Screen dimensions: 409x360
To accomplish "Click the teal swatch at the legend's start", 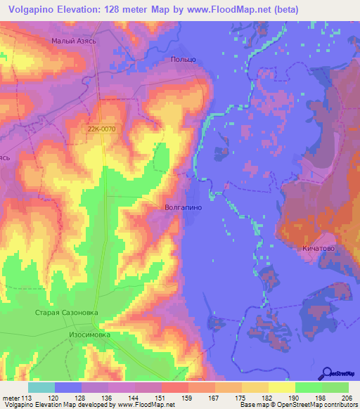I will click(41, 387).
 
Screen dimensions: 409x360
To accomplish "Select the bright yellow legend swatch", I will click(282, 387).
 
